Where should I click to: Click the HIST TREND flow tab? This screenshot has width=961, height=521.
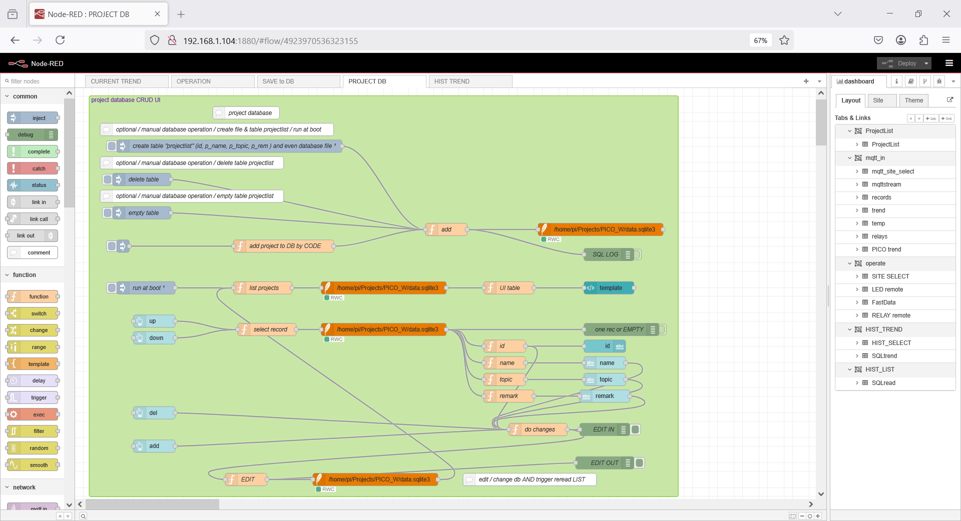pos(470,81)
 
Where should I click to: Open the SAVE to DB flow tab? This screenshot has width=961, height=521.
pos(298,81)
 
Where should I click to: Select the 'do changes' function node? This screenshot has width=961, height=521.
pos(539,429)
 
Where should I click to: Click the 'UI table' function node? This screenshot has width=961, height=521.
pos(509,288)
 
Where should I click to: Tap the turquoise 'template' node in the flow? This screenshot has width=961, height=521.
pos(609,288)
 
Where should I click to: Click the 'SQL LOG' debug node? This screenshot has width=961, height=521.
pos(609,254)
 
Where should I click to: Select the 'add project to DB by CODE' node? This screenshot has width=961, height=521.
pos(284,246)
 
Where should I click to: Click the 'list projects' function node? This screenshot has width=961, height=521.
pos(263,288)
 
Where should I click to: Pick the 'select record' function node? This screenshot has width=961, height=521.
pos(267,329)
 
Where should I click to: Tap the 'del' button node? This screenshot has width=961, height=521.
pos(155,413)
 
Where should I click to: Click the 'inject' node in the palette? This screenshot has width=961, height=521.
pos(33,118)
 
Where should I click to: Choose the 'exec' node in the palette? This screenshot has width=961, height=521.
pos(33,414)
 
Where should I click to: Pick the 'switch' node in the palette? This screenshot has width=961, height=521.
pos(33,313)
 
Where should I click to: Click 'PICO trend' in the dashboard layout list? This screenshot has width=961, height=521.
pos(886,249)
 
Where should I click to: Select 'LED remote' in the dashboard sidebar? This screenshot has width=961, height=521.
pos(887,289)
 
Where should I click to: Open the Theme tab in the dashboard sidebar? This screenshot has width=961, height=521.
pos(913,100)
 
